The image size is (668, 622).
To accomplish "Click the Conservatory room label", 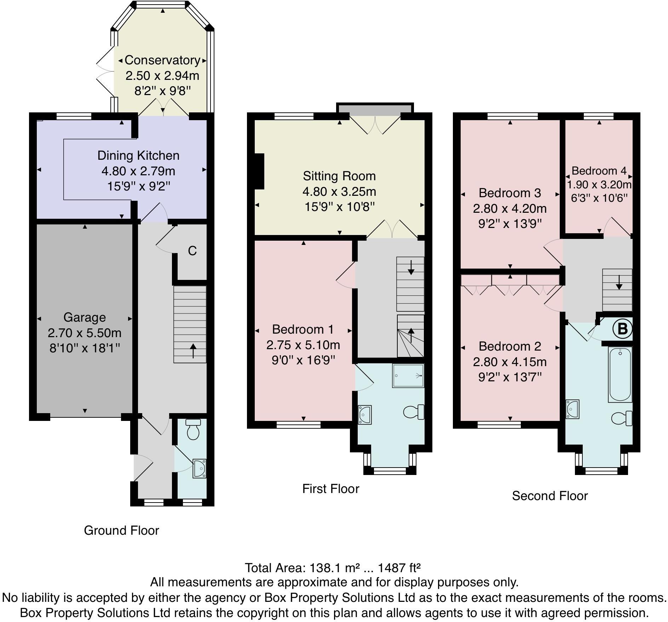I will tap(162, 60).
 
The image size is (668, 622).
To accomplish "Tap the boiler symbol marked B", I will tap(622, 329).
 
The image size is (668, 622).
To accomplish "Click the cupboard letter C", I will tap(192, 251).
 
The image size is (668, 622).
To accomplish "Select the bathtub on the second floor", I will tap(620, 374).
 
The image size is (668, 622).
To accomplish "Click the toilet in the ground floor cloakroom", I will tap(193, 430).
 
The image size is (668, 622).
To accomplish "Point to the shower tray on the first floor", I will tap(408, 376).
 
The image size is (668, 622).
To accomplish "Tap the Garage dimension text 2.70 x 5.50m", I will tap(85, 333).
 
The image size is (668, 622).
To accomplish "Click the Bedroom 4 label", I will tap(599, 171).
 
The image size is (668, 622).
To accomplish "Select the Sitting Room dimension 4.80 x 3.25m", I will tap(339, 192).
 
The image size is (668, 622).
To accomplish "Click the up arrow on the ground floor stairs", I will tap(193, 351).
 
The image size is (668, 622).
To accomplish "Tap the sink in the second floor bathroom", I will tap(572, 409).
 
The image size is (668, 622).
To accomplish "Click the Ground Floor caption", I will tap(121, 530).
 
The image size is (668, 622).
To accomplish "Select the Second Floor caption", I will tap(549, 496).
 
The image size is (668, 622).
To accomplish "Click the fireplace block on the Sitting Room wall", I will tap(259, 171).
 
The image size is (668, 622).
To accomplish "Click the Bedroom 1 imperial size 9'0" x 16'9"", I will tap(303, 360).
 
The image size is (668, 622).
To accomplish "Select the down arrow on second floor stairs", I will tap(619, 283).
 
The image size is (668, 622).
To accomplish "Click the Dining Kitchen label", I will tap(138, 155).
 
